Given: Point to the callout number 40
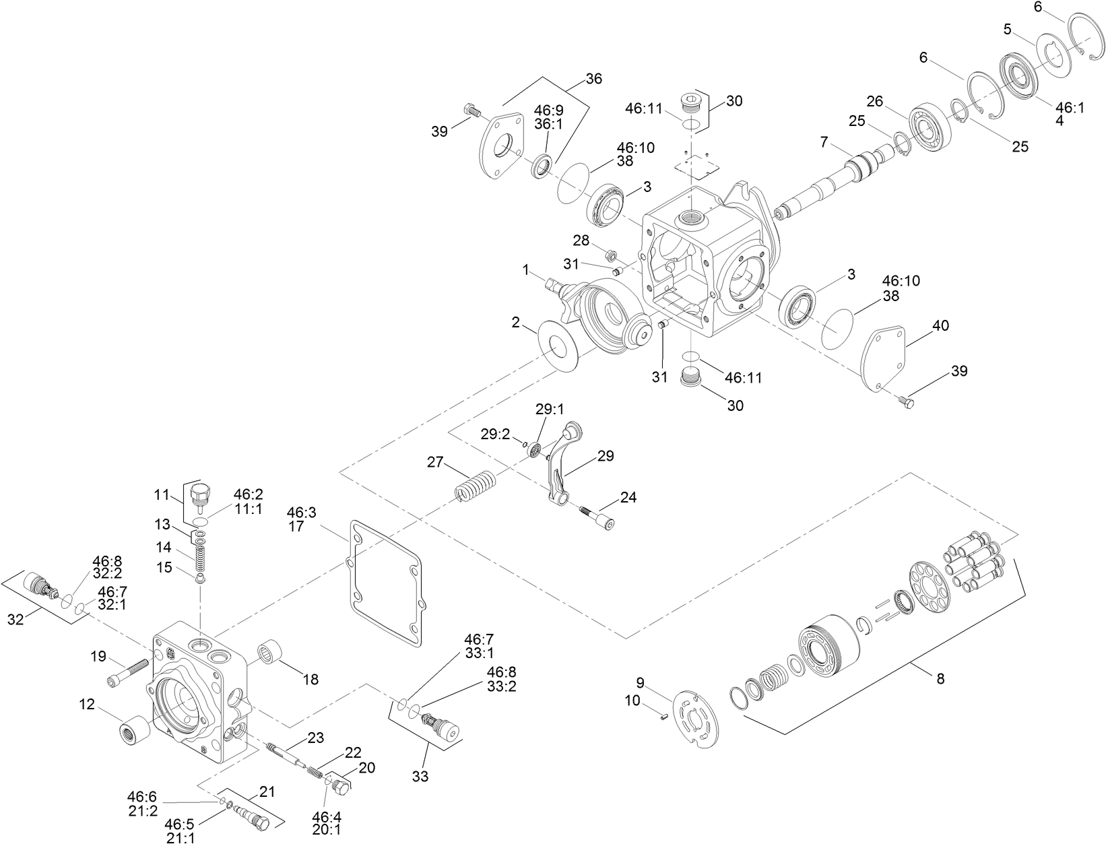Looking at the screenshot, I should (940, 326).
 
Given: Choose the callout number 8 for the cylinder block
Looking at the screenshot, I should (940, 678).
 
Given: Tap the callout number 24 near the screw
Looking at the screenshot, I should (628, 498).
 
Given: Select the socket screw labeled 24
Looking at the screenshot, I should (598, 518).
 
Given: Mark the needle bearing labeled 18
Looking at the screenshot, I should (269, 652).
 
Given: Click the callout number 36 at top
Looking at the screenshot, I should (593, 79).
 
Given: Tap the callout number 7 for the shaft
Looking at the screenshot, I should (823, 142).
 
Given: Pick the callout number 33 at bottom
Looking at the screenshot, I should (420, 776).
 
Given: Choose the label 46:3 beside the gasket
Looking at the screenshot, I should (301, 513).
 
